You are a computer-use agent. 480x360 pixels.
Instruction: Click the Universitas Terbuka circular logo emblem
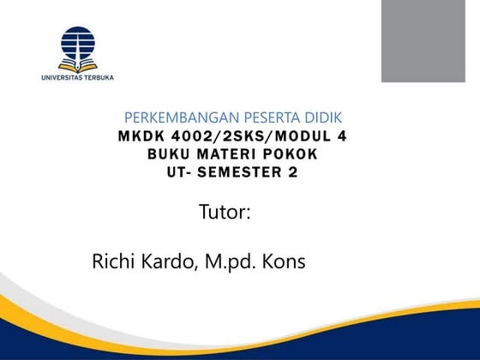click(77, 48)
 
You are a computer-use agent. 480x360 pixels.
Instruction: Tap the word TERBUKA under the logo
click(98, 77)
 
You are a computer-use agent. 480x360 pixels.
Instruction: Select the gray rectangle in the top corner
click(423, 41)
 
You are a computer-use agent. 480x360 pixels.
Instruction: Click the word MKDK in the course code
click(139, 136)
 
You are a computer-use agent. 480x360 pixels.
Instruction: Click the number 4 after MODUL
click(351, 136)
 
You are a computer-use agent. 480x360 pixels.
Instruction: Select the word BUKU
click(169, 154)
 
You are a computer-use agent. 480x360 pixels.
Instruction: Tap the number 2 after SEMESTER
click(303, 172)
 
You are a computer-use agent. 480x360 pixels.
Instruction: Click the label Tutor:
click(225, 212)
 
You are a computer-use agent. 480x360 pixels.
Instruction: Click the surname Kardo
click(171, 261)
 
